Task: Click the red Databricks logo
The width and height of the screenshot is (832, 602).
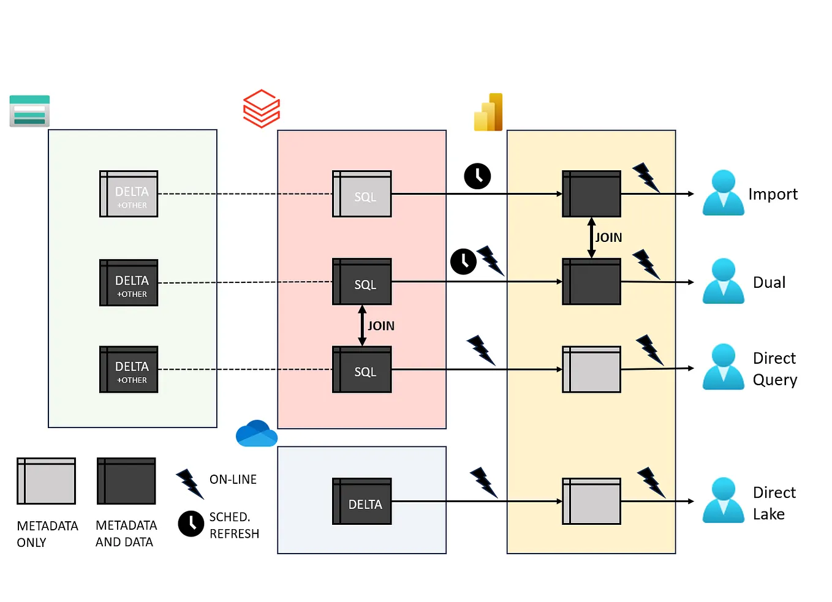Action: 262,108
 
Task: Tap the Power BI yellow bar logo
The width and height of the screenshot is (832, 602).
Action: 488,113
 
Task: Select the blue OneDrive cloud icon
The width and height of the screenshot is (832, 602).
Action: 256,434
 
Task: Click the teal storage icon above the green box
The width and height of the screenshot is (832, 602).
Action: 29,111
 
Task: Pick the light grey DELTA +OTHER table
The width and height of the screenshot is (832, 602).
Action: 129,194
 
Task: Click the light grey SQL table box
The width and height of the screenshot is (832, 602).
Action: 361,194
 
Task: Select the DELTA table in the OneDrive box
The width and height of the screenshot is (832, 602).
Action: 361,502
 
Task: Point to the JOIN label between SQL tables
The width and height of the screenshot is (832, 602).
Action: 380,326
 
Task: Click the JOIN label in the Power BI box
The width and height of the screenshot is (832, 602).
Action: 608,238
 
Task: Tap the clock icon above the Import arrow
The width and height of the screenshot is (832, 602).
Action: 477,176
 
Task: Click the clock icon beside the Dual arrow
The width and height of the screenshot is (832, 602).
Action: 463,261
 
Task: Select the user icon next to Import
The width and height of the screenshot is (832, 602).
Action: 723,193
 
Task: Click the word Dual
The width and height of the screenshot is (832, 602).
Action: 769,282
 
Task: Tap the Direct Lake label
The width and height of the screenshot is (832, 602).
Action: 774,503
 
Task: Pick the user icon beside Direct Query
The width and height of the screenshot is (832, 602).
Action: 723,367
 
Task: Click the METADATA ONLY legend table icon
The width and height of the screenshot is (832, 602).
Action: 46,481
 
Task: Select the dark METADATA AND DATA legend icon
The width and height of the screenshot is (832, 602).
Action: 126,481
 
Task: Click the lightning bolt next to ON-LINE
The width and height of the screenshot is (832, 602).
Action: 189,484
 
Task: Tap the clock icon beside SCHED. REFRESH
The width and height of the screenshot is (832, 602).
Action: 191,524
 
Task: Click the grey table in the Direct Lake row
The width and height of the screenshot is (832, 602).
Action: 591,502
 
